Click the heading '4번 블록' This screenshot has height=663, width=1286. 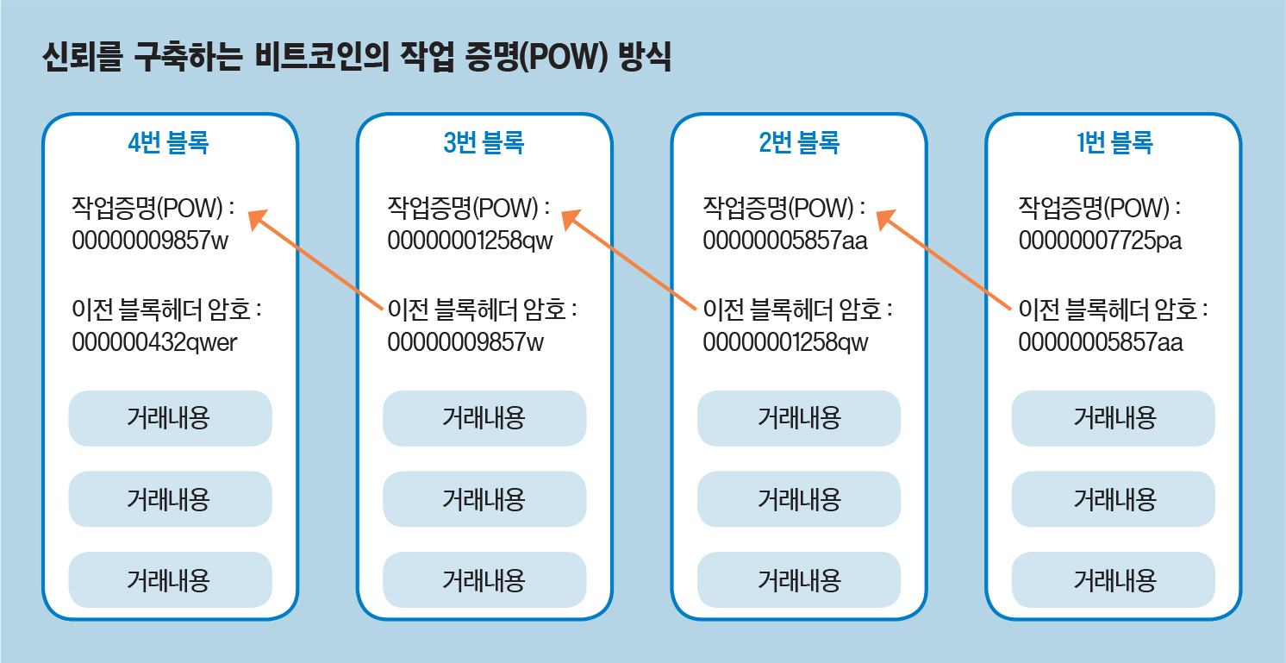pos(168,142)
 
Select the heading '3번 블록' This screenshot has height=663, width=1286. pos(484,142)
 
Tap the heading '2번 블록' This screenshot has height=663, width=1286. pos(799,142)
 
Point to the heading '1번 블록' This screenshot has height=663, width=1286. pos(1114,142)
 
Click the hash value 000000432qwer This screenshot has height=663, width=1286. pos(154,342)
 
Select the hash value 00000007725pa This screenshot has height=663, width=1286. pos(1100,241)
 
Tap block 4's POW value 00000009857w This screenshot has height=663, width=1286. pos(151,241)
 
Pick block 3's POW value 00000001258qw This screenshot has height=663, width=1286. pos(471,241)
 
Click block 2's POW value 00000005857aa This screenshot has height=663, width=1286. pos(785,241)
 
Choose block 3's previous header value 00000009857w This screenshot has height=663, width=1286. pos(465,342)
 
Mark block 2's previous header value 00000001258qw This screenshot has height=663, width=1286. pos(785,342)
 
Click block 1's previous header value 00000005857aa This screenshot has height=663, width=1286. pos(1101,342)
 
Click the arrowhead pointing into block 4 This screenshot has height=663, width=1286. pos(257,218)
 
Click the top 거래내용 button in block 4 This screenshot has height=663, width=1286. pos(170,418)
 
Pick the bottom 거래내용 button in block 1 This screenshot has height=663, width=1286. pos(1114,579)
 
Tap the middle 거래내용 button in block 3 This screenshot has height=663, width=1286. pos(484,499)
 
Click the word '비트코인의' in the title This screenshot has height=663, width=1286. pos(322,57)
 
